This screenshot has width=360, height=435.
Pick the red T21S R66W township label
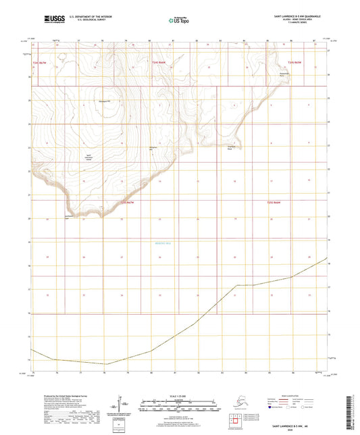click(x=272, y=202)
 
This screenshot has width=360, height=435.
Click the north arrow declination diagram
click(x=122, y=407)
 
